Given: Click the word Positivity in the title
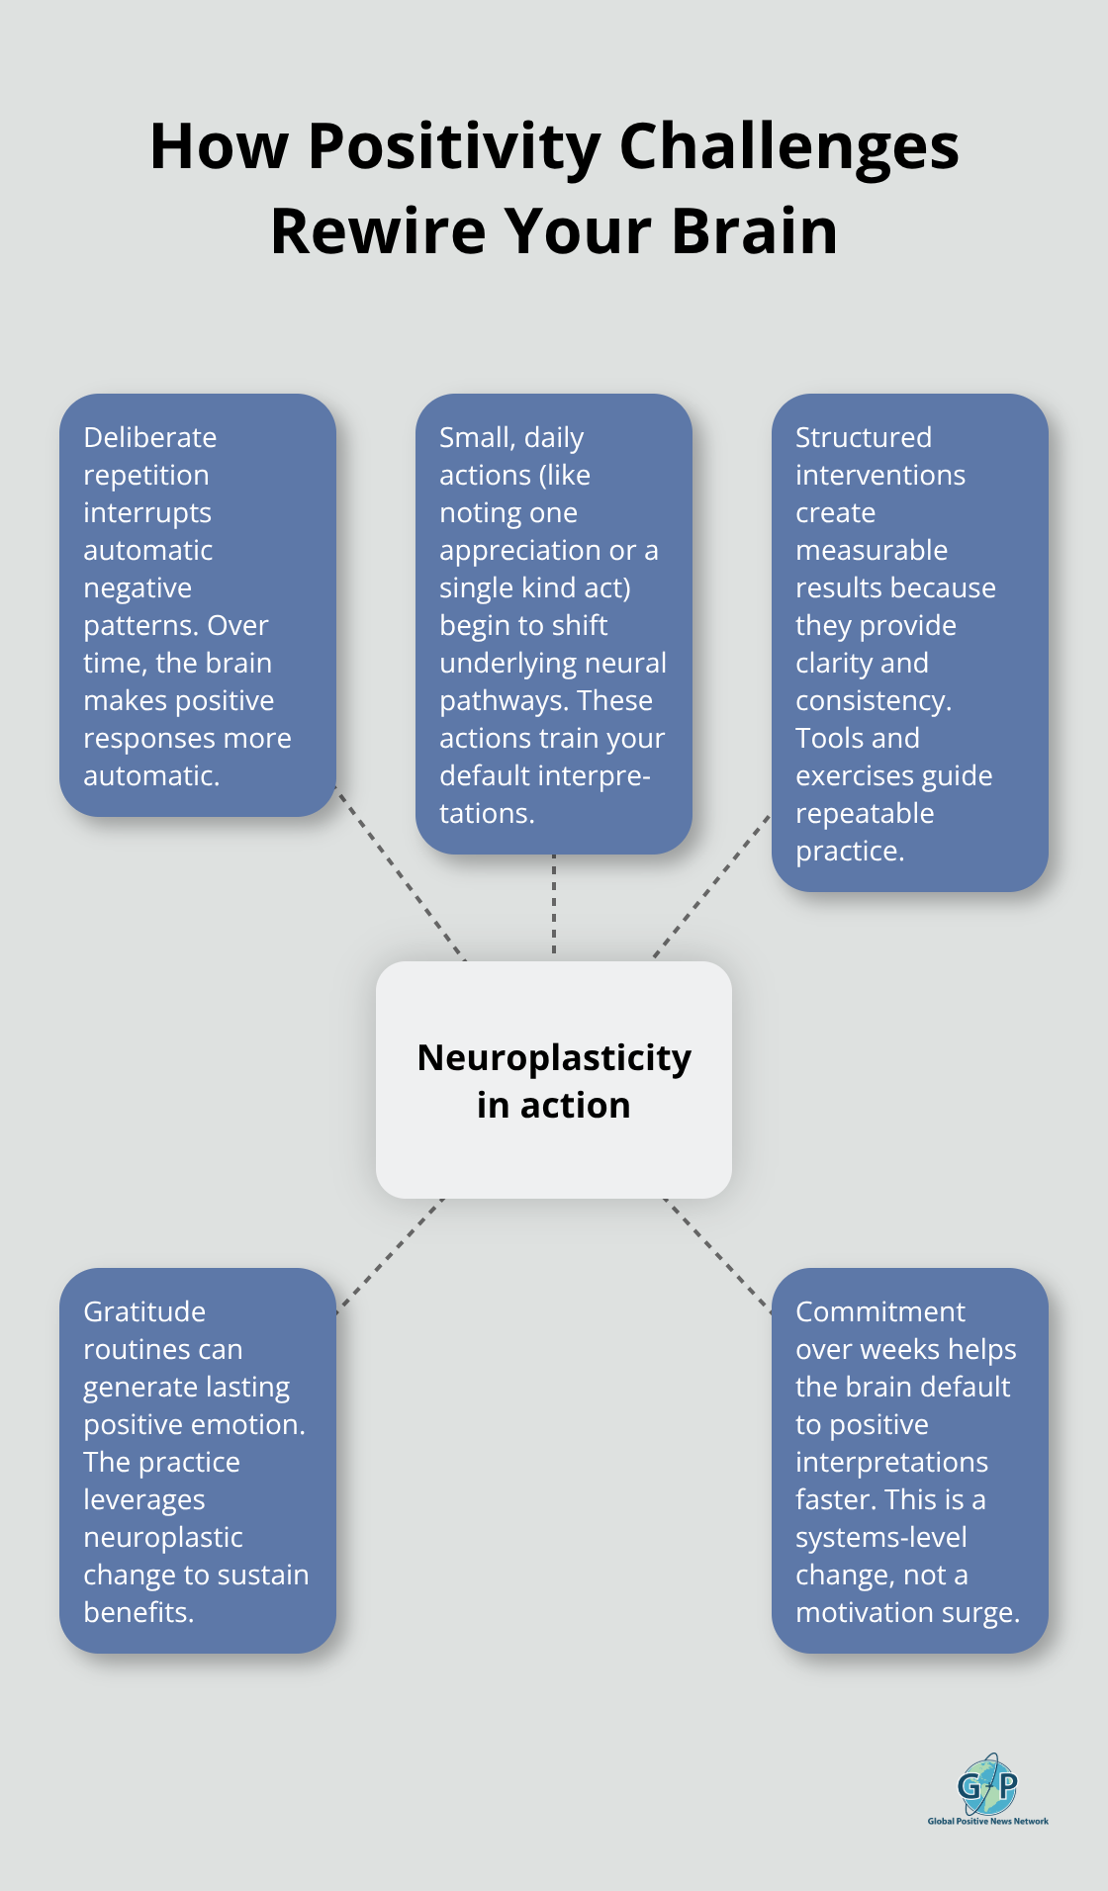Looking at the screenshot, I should (x=454, y=147).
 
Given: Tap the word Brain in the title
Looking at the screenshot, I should (x=755, y=231).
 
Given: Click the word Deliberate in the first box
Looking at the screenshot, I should (x=149, y=437).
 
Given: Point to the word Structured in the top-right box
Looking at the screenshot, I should (x=864, y=437).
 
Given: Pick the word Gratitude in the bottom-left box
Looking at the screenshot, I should (x=144, y=1311).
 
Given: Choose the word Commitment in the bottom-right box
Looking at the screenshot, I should (x=880, y=1311).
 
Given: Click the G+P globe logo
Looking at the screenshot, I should (x=987, y=1785).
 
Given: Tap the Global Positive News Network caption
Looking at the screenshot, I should (x=987, y=1821).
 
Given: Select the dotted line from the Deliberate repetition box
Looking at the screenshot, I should (x=401, y=874).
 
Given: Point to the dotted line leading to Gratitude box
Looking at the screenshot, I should (x=391, y=1255).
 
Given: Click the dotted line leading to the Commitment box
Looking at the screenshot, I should (x=717, y=1255).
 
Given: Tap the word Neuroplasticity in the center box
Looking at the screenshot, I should (x=554, y=1058).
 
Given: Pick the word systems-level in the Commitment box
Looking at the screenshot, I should (x=881, y=1537).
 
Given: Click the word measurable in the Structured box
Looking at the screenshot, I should (x=872, y=550).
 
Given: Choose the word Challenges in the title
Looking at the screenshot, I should (x=788, y=147).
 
